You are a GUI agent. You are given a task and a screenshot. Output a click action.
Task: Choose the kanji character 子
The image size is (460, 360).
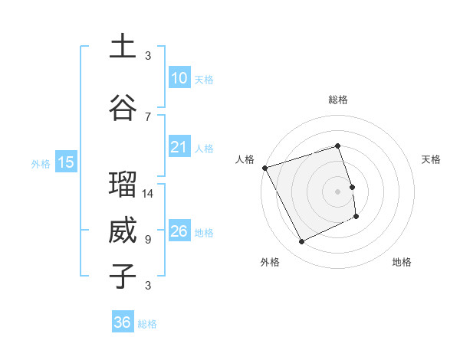point(123,277)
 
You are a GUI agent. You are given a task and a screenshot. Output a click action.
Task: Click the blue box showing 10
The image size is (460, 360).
point(179,78)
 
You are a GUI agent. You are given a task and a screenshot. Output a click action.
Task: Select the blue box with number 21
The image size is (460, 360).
point(179,147)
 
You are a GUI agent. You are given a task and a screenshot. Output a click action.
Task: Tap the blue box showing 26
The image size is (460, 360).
point(179,231)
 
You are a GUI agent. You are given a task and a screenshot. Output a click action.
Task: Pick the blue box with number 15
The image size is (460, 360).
point(66,162)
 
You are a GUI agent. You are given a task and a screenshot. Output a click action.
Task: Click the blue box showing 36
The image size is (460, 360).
point(123,322)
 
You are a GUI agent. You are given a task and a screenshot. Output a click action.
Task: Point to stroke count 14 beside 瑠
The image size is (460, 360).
point(148,194)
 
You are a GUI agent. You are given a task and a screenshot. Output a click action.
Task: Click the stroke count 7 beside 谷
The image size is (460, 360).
point(148,116)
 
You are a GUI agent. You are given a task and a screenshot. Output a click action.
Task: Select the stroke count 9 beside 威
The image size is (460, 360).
point(148,240)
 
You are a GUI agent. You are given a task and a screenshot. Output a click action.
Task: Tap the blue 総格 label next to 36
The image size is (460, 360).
point(147,324)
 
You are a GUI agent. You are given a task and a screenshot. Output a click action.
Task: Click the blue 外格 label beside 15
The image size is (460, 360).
point(41,163)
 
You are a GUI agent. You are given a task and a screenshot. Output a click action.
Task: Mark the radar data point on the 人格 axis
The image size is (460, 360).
point(264,167)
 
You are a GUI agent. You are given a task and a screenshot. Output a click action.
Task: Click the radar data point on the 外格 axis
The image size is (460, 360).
point(302,242)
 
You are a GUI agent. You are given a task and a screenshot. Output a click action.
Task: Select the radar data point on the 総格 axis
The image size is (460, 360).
point(337,146)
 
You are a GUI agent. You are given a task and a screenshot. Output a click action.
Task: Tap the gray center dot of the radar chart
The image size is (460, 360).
point(337,191)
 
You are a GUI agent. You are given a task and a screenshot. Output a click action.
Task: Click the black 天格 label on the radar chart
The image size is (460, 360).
point(431,159)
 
